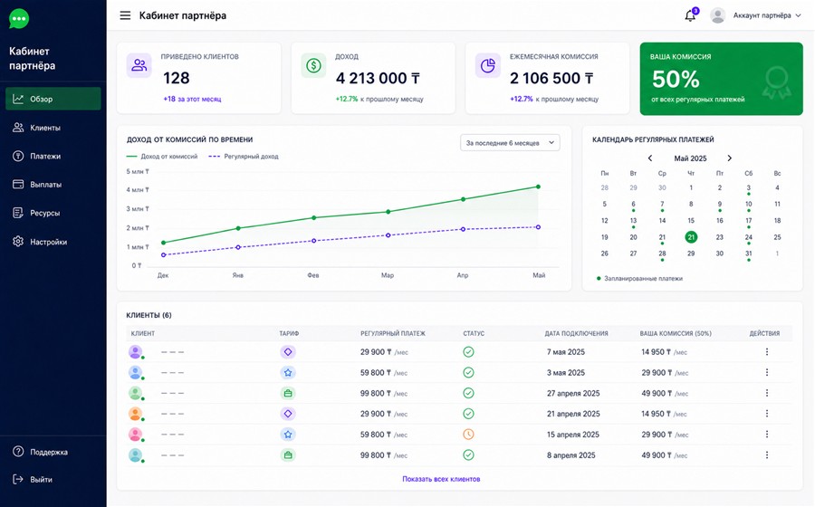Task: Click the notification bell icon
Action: (x=690, y=15)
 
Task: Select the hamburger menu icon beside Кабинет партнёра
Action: (x=125, y=15)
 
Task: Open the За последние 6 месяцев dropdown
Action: (x=510, y=143)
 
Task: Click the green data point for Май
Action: (x=538, y=187)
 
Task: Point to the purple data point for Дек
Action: (x=163, y=255)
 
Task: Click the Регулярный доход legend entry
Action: (x=244, y=157)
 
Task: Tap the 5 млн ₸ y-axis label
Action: (x=138, y=171)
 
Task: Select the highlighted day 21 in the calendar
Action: (x=691, y=237)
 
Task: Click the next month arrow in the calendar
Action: (x=729, y=158)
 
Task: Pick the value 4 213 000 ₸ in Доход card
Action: (x=378, y=79)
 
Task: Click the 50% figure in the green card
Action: (x=676, y=79)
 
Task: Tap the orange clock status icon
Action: (x=468, y=435)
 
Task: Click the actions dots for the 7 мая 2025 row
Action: (x=767, y=351)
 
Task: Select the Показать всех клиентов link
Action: (x=441, y=479)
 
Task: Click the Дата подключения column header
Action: (x=577, y=333)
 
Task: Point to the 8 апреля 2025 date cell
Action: (x=571, y=455)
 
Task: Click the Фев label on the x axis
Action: (x=313, y=275)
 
